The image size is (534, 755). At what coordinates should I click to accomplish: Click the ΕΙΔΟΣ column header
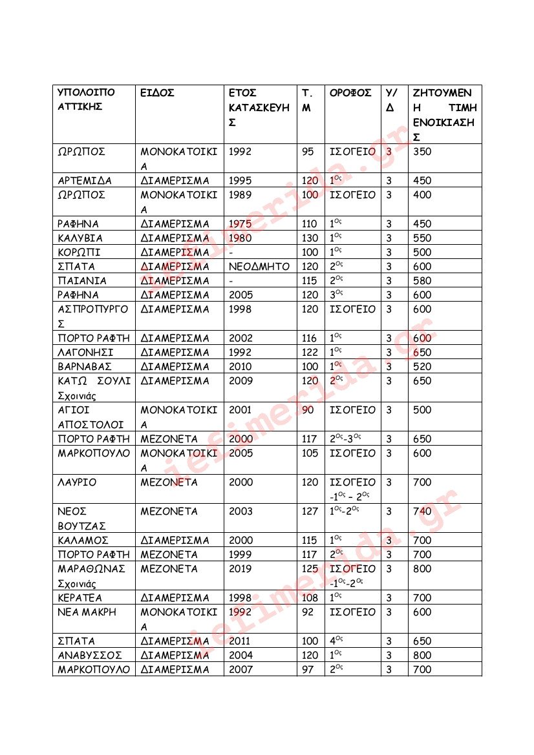158,93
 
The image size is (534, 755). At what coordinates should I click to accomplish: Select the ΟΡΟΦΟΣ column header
350,93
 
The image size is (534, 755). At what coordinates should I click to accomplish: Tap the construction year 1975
240,224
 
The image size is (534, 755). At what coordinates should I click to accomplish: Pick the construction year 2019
240,569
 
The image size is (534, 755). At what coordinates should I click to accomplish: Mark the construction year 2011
240,641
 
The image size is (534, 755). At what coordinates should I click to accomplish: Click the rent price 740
422,512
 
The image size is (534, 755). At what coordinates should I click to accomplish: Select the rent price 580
422,281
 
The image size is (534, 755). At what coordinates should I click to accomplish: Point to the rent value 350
422,152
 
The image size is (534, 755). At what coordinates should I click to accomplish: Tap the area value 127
310,512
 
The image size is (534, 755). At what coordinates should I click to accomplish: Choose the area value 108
310,598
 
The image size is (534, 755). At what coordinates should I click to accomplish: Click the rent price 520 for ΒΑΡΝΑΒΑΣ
422,367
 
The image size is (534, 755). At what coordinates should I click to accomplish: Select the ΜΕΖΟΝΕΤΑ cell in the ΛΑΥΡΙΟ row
169,482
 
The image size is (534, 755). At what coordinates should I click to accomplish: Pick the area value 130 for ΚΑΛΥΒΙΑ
310,238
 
